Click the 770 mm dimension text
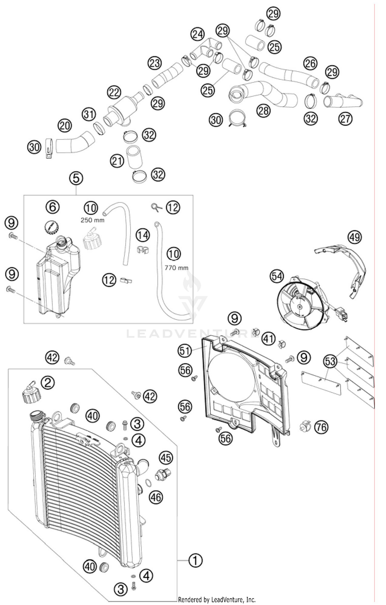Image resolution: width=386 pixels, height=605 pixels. [176, 268]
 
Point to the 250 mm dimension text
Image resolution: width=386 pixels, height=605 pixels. [92, 220]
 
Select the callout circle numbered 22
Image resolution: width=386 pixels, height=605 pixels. [114, 93]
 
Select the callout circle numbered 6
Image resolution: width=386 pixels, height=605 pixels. [53, 207]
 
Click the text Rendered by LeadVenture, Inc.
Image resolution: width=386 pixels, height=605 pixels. [217, 599]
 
